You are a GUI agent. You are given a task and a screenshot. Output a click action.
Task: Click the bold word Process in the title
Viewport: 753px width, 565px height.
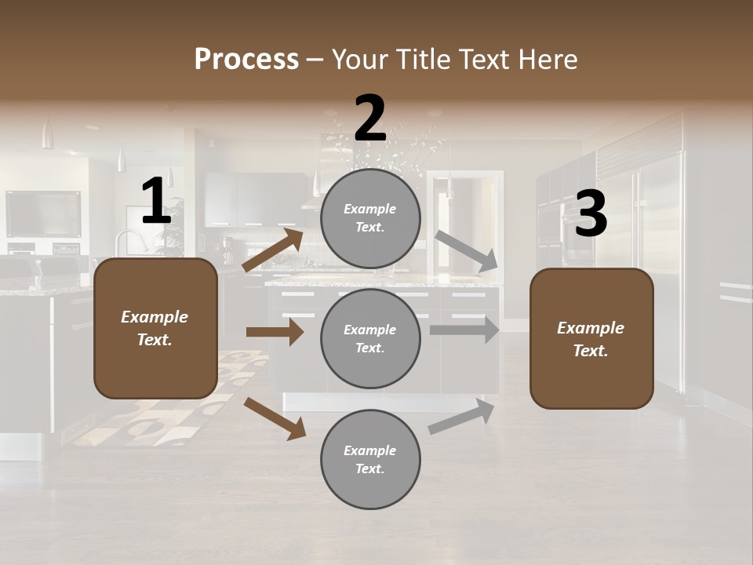click(x=246, y=59)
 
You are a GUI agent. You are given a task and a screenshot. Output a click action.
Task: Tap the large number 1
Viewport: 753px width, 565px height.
click(x=156, y=201)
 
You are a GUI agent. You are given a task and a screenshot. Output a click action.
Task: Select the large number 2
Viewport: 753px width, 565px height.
click(x=370, y=118)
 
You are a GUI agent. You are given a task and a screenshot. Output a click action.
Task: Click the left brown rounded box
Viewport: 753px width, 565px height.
click(x=155, y=328)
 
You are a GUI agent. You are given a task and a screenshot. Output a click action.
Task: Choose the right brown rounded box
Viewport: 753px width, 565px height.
click(x=591, y=338)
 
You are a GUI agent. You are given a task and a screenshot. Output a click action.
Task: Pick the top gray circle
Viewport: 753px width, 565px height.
click(x=370, y=218)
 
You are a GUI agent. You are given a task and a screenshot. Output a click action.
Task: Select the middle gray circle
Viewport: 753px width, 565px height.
click(x=370, y=338)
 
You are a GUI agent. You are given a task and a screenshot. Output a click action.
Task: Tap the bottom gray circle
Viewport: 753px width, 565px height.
click(x=370, y=459)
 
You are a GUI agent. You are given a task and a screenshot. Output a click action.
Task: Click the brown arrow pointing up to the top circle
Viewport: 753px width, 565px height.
click(x=273, y=250)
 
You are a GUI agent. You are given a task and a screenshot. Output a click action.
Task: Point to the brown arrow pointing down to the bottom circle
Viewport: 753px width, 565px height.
click(x=275, y=418)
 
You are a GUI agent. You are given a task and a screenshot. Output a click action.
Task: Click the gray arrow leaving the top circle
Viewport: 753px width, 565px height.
click(x=467, y=251)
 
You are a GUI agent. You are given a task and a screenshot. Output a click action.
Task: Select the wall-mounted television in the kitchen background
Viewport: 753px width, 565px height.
click(x=43, y=213)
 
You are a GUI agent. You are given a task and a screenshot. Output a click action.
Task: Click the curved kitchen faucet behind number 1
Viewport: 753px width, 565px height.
click(x=126, y=239)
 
